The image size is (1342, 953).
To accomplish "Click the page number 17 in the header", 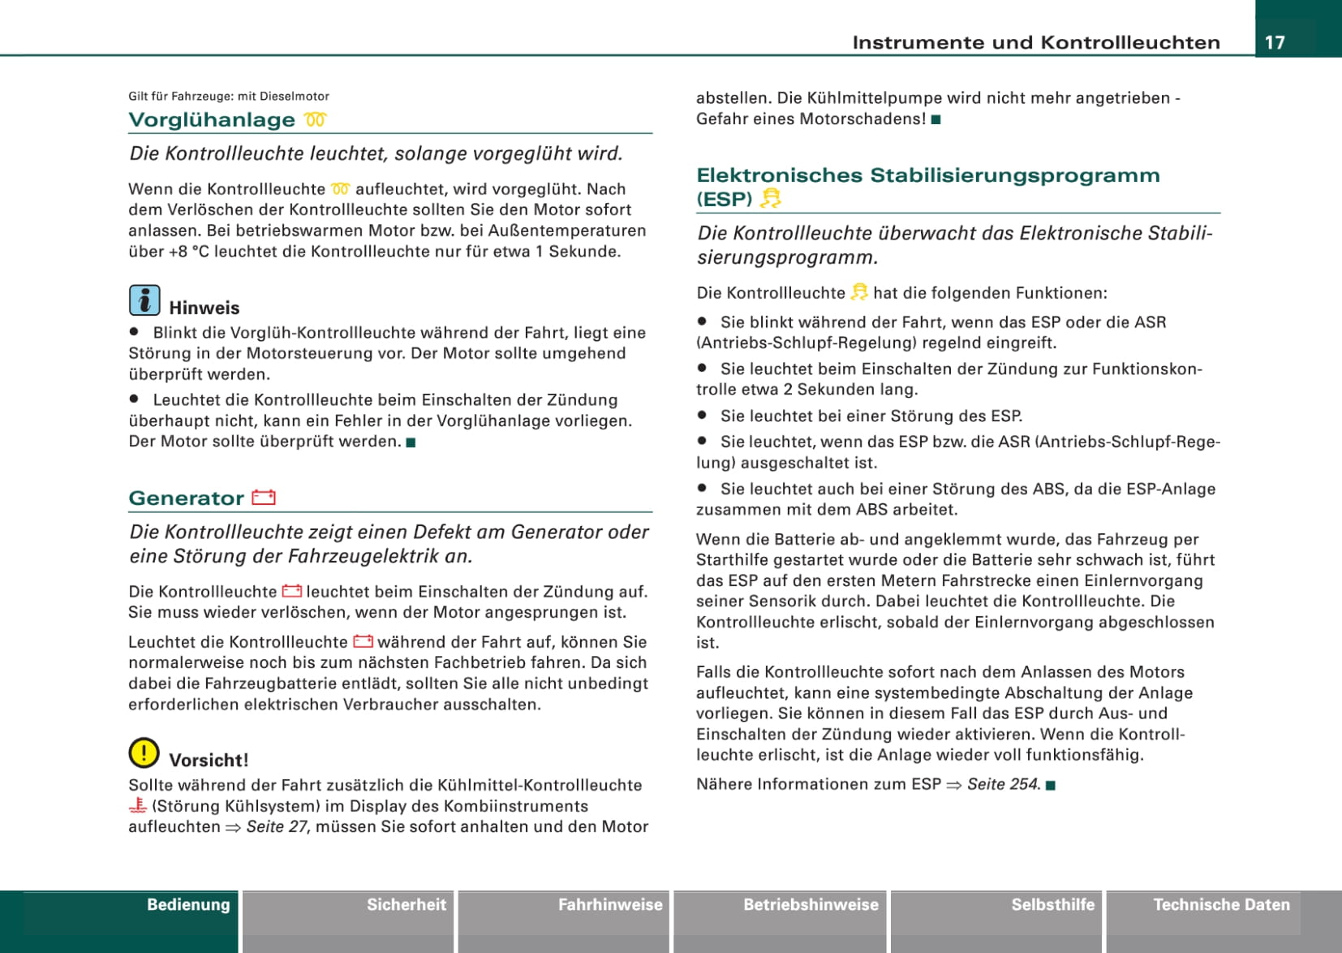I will click(x=1275, y=42).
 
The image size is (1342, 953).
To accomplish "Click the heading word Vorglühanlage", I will click(x=212, y=120).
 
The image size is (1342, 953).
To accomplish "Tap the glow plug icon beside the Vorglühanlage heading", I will click(x=316, y=120).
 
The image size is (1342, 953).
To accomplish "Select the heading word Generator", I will click(x=186, y=498).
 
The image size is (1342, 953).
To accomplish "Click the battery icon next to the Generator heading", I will click(x=264, y=498).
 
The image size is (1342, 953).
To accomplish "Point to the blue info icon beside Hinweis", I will click(x=144, y=300).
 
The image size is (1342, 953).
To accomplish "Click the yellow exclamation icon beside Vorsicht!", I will click(x=144, y=753).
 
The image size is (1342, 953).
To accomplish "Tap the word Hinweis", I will click(x=204, y=308).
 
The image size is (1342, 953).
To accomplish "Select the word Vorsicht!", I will click(x=209, y=761).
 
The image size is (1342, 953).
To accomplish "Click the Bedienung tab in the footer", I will click(x=188, y=905).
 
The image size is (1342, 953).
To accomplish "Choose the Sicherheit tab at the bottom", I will click(x=406, y=905).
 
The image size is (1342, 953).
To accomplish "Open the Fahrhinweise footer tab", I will click(x=610, y=905).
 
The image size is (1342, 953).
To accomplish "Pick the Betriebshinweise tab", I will click(x=811, y=905).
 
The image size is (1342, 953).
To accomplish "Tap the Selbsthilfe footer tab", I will click(x=1052, y=905).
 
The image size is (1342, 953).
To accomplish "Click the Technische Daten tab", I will click(x=1221, y=905).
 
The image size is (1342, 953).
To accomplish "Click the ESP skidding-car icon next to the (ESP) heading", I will click(x=770, y=199).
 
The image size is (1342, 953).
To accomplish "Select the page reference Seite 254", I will click(x=1003, y=784).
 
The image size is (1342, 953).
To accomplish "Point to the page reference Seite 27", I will click(x=277, y=827).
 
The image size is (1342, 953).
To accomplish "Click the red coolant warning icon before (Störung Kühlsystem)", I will click(x=138, y=806).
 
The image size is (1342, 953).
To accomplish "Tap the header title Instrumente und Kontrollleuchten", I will click(x=1036, y=43).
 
